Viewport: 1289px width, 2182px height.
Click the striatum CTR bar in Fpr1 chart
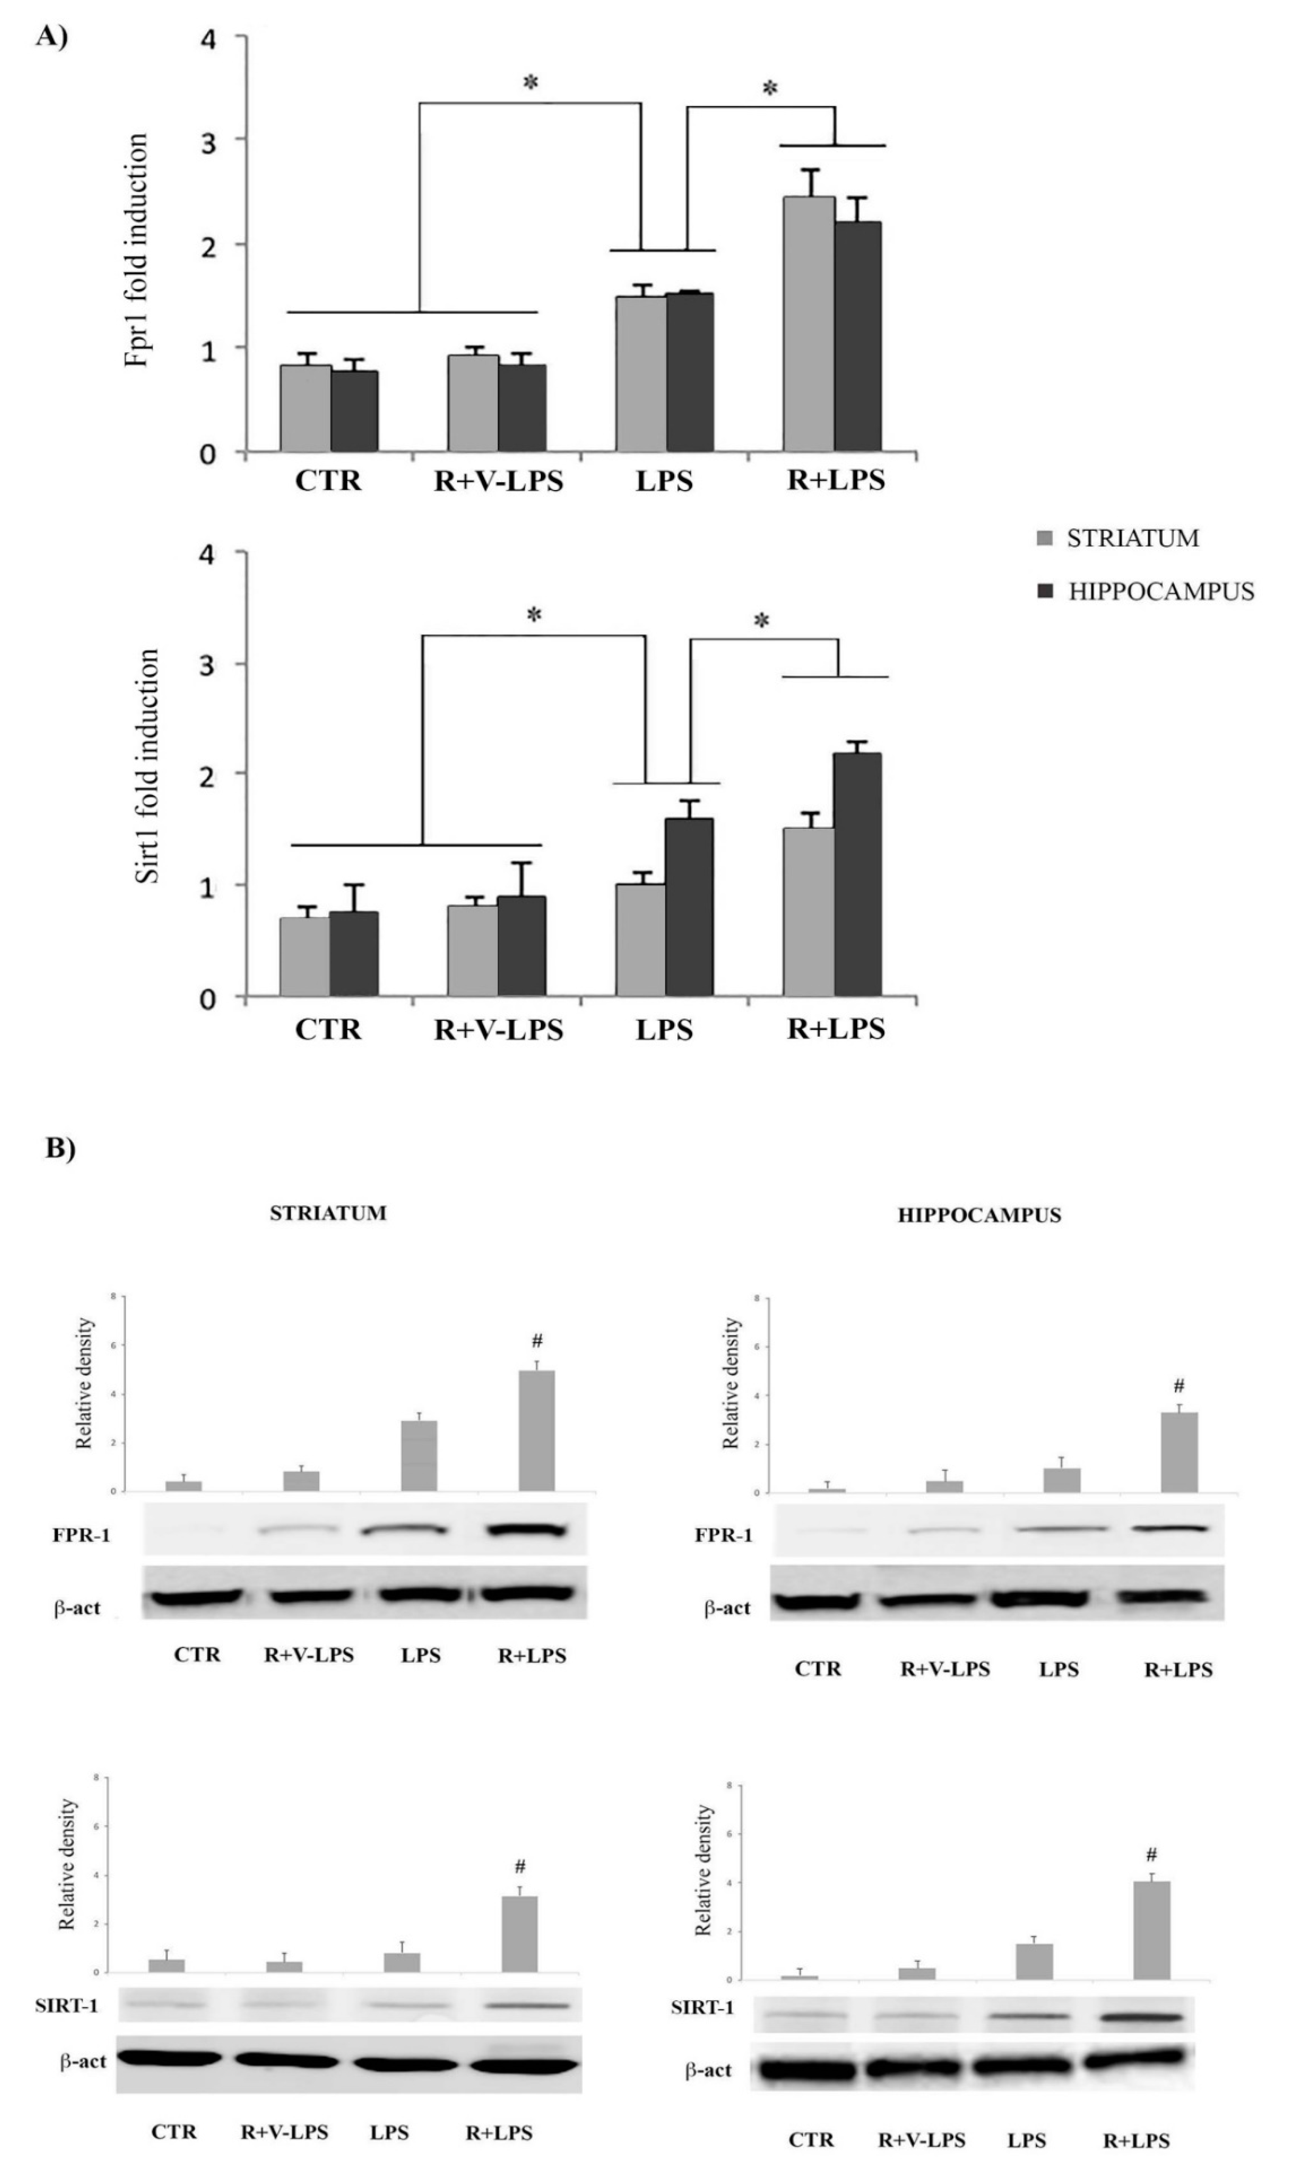(305, 408)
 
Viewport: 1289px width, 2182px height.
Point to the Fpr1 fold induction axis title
(137, 250)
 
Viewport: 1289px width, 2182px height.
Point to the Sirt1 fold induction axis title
(148, 766)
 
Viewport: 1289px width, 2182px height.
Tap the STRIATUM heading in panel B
(328, 1213)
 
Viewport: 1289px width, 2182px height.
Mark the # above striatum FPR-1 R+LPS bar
(537, 1342)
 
